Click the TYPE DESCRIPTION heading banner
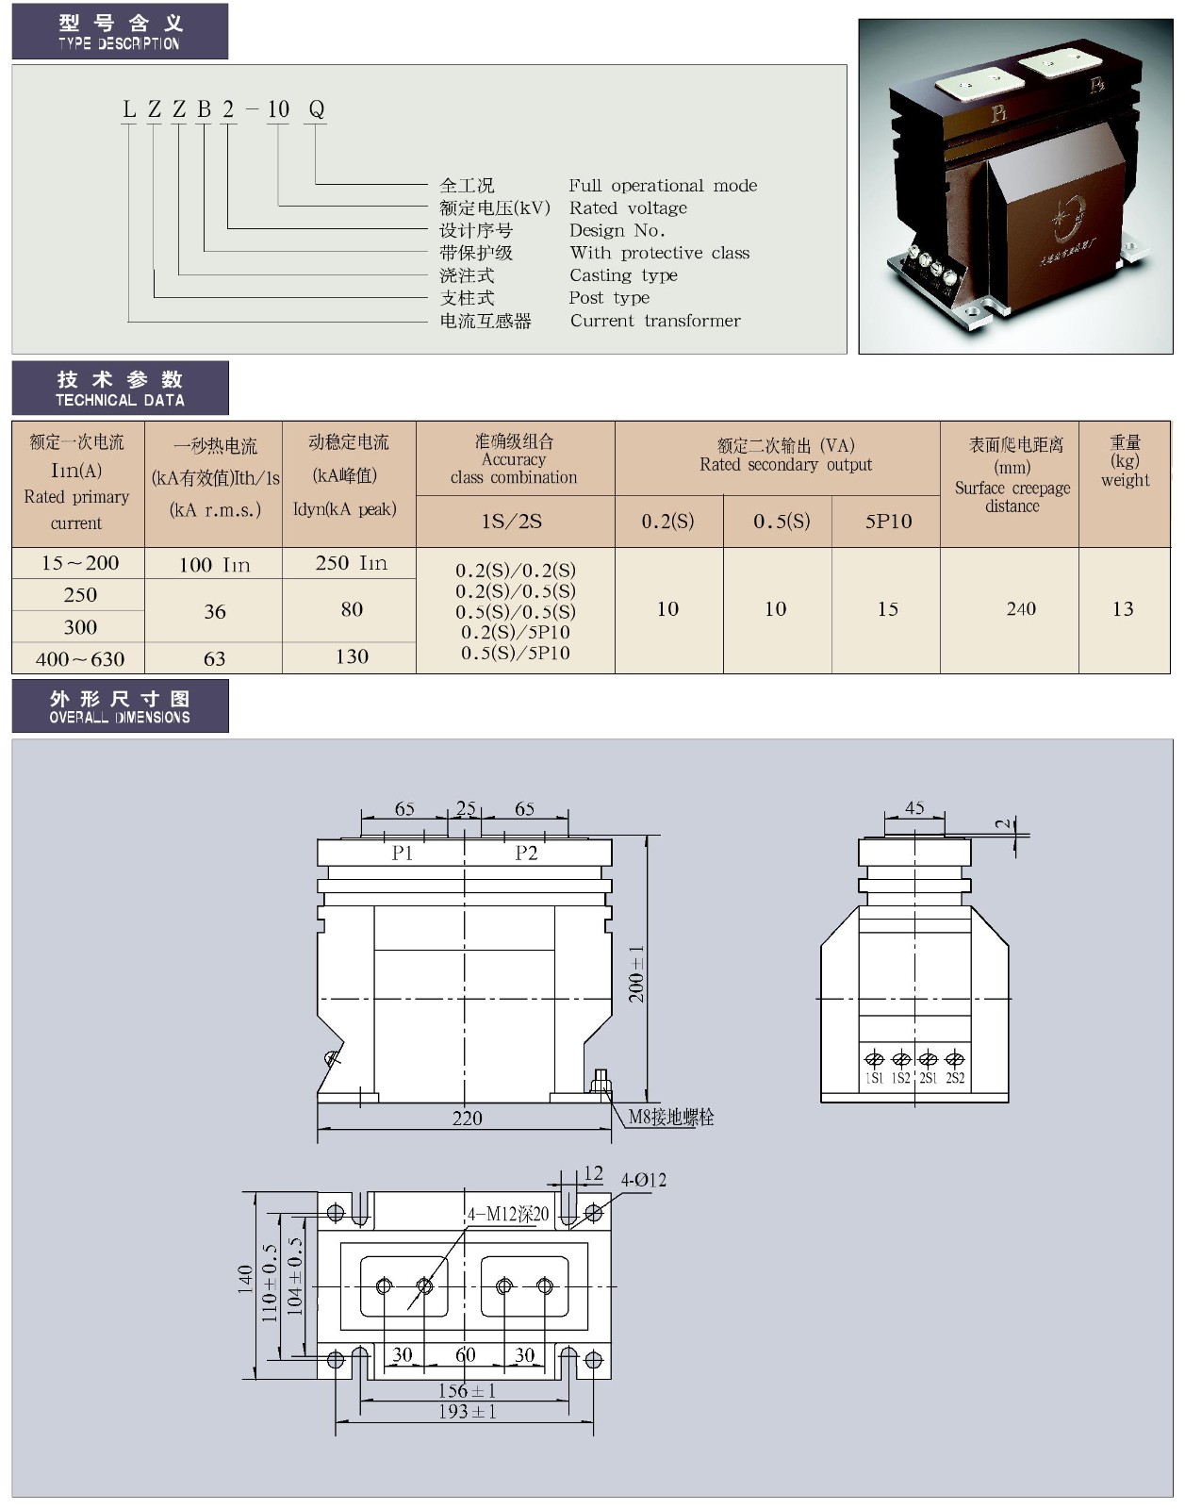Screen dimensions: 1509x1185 [120, 31]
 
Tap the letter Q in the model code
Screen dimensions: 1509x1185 [317, 109]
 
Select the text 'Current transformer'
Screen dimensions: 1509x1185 [655, 321]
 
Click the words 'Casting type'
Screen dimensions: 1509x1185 [623, 275]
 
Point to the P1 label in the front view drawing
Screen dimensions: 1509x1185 [403, 853]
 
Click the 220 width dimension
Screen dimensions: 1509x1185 [467, 1118]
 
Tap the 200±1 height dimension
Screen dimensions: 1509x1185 [637, 972]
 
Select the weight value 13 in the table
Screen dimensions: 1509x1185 [1123, 609]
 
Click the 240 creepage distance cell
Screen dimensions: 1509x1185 [1021, 609]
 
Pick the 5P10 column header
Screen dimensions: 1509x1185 [888, 521]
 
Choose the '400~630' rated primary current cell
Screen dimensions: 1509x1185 [80, 659]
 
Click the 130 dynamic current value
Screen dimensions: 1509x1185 [352, 657]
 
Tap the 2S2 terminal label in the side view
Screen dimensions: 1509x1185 [955, 1078]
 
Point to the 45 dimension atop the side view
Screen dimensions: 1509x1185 [914, 808]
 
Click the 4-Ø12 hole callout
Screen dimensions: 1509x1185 [643, 1180]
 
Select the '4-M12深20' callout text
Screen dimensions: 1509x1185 [508, 1215]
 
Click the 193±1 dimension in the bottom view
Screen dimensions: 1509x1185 [467, 1412]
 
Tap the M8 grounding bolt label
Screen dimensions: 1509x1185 [671, 1118]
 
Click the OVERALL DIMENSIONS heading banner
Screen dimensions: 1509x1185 [120, 706]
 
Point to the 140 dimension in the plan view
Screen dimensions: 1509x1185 [245, 1279]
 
